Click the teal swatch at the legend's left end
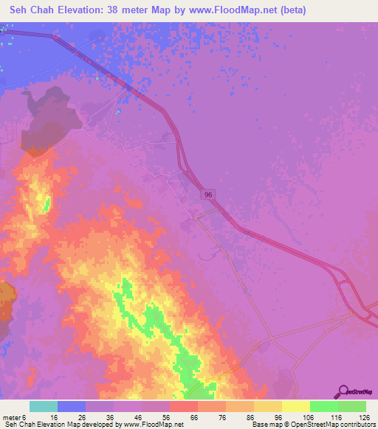[44, 406]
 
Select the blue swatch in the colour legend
[72, 406]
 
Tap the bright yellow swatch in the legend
[296, 406]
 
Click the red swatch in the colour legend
[184, 406]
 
